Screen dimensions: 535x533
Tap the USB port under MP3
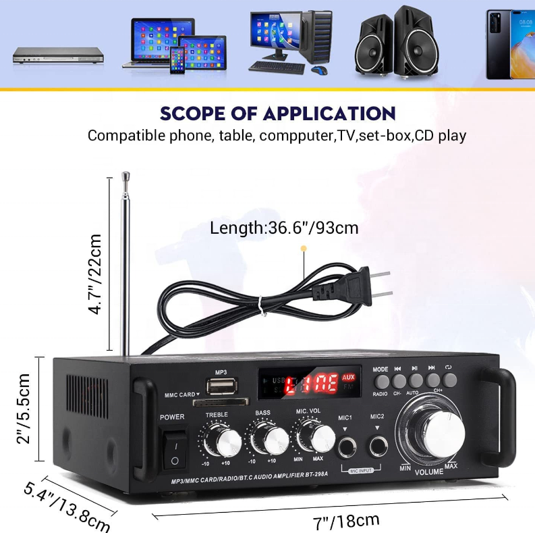(x=220, y=386)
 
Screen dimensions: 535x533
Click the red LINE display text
(x=311, y=385)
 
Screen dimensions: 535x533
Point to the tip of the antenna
(x=124, y=176)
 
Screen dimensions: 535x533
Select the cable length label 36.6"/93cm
(x=284, y=228)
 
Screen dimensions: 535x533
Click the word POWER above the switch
(x=172, y=417)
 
